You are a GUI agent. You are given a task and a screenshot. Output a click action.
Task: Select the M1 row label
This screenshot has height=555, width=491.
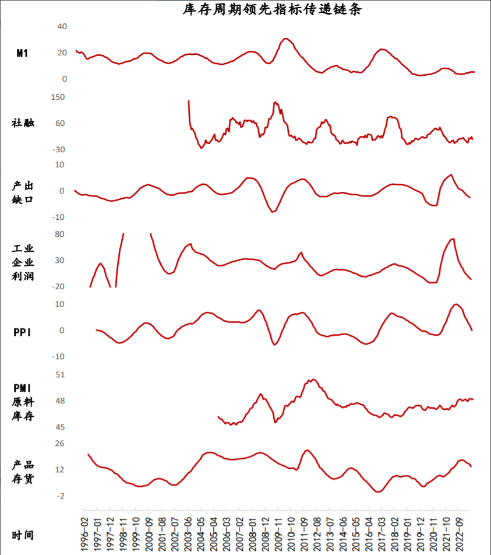point(22,54)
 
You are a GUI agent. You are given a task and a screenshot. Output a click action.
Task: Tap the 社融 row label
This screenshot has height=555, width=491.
point(23,123)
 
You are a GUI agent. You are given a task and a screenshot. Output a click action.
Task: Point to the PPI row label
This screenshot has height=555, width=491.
point(22,332)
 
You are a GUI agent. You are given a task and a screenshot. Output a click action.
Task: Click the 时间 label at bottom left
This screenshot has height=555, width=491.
point(23,535)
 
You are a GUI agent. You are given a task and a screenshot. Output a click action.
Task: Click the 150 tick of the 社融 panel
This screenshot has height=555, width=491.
point(58,97)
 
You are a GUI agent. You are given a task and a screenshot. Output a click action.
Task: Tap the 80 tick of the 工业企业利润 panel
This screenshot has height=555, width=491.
point(59,234)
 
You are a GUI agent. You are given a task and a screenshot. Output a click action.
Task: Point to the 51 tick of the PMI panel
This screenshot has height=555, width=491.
point(59,375)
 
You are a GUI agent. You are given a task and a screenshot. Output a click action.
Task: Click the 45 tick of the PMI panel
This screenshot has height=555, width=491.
point(59,427)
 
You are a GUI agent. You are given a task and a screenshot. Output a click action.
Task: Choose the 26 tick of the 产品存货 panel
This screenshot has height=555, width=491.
point(59,444)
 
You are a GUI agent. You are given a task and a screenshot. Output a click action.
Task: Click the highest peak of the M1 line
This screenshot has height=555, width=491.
point(285,38)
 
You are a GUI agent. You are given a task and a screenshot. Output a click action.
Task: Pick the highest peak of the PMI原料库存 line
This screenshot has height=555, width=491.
point(313,380)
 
